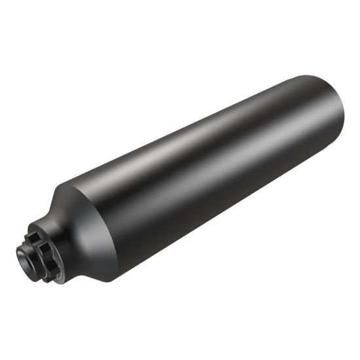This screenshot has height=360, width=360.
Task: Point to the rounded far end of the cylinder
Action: [x=334, y=118]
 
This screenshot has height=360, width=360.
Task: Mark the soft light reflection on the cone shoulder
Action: [x=75, y=196]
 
